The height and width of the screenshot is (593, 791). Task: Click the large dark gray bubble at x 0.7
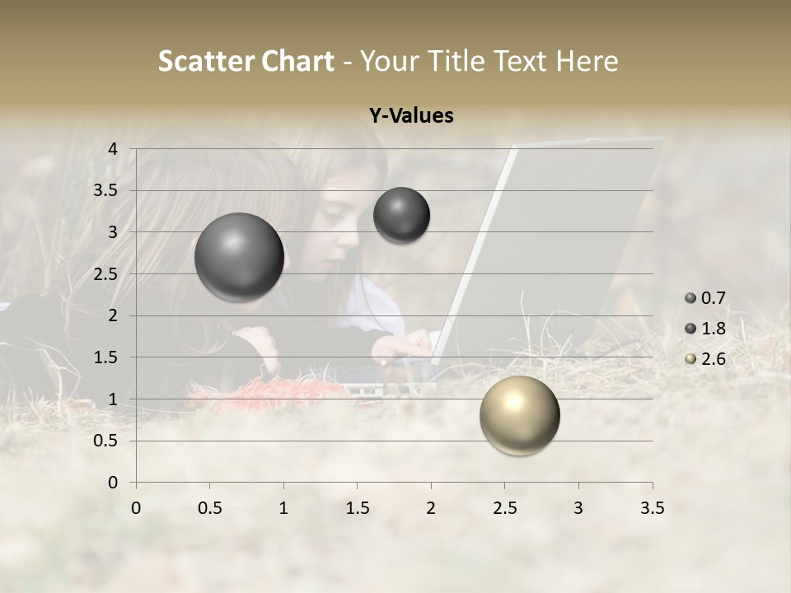(239, 257)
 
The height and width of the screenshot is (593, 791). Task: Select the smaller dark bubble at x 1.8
(401, 215)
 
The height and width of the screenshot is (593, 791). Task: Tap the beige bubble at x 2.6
(519, 415)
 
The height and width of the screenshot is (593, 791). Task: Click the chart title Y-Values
(411, 116)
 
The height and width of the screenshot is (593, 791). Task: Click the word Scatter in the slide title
(205, 61)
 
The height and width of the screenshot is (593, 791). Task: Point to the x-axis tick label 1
(283, 508)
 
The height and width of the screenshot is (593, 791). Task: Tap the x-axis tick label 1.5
(357, 508)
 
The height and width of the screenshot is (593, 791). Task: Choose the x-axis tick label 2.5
(504, 508)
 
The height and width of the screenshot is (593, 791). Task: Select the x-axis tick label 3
(578, 508)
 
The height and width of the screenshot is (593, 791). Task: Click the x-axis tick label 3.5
(652, 508)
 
